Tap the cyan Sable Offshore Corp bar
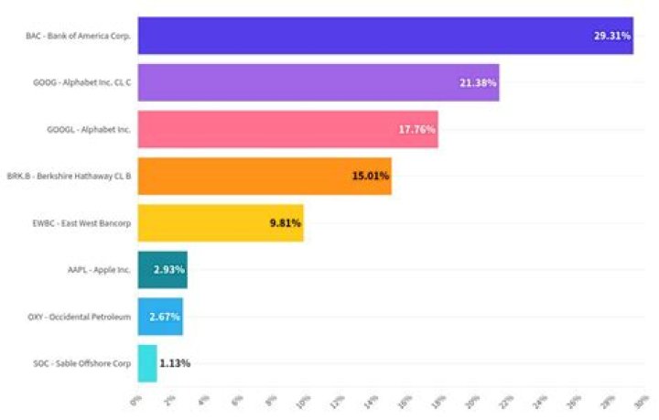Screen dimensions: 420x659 [x=146, y=362]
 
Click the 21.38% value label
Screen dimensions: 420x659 [x=478, y=82]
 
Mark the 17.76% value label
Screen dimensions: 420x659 [x=416, y=129]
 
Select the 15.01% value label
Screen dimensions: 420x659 [x=370, y=176]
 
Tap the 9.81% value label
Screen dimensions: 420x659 [x=285, y=222]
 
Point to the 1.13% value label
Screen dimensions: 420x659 [x=174, y=362]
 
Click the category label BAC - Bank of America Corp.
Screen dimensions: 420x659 [x=79, y=36]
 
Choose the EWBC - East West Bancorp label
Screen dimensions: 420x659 [x=81, y=222]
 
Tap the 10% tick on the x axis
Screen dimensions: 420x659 [x=303, y=400]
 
